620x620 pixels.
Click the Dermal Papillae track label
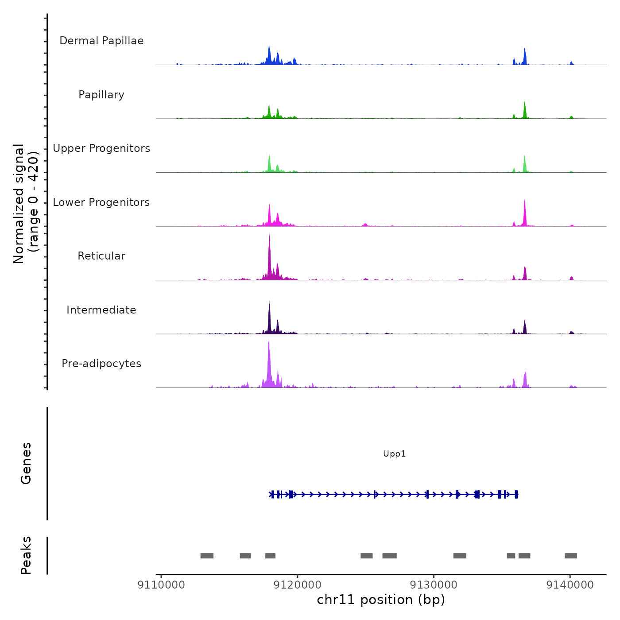coord(101,41)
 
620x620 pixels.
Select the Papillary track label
coord(101,95)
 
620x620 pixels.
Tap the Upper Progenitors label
coord(101,148)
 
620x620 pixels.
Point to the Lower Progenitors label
coord(101,202)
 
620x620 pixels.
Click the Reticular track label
coord(101,256)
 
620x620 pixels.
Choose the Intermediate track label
coord(101,310)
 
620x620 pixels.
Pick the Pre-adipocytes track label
coord(101,364)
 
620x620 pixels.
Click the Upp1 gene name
coord(394,454)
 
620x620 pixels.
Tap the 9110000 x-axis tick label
coord(161,585)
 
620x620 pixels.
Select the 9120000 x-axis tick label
coord(298,585)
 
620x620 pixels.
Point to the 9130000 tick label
coord(434,585)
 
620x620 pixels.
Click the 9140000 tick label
coord(570,585)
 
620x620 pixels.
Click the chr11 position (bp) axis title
coord(381,600)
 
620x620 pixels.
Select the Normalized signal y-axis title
coord(26,204)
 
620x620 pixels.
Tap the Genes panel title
coord(26,463)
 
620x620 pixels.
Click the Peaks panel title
coord(26,555)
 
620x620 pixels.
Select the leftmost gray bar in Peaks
coord(207,556)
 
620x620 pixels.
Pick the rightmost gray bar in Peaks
coord(570,556)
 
